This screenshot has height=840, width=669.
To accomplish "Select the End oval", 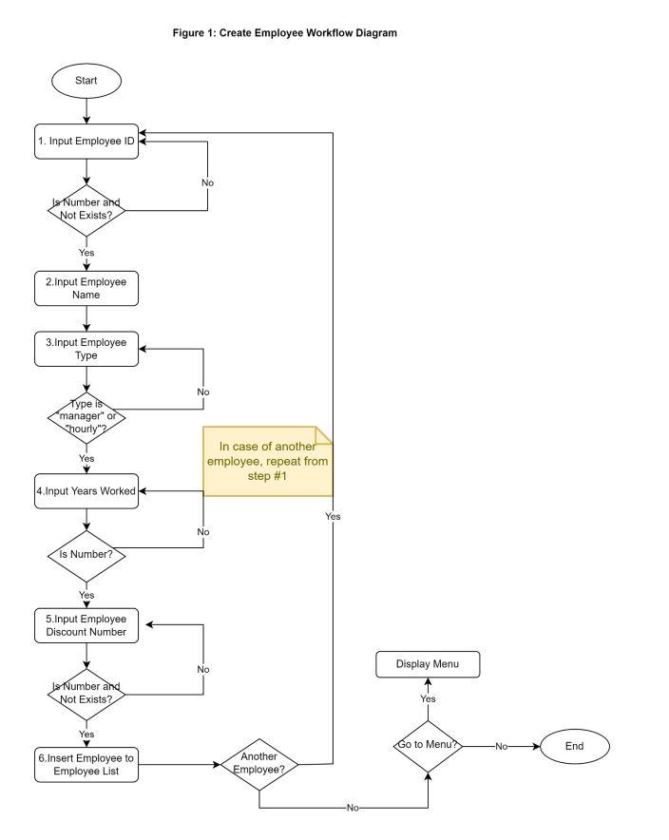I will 574,746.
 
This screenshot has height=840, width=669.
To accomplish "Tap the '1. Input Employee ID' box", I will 86,141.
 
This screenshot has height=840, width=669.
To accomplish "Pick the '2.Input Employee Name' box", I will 86,289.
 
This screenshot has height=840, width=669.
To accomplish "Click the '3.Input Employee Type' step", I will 86,348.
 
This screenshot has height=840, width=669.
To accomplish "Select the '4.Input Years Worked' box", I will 86,490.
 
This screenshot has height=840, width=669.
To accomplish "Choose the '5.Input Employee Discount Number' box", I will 86,624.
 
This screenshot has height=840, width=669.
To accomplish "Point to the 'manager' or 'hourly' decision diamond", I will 86,415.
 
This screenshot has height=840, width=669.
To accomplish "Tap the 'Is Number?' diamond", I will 86,554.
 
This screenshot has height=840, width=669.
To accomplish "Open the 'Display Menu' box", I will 427,664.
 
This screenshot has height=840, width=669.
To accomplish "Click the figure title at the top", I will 283,33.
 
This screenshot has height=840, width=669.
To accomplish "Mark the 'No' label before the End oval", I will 501,746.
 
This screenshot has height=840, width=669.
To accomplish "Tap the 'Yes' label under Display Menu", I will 428,698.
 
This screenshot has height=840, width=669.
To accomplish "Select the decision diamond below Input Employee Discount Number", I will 86,692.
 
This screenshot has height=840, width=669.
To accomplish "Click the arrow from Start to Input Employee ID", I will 86,111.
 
